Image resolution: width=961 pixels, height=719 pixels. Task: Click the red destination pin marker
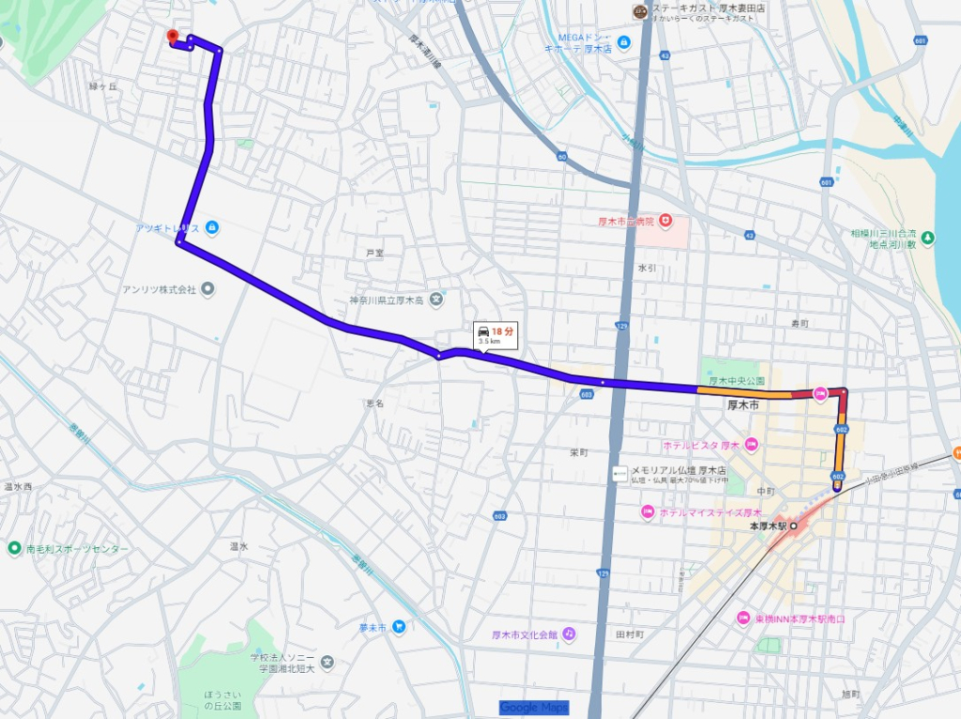click(x=172, y=38)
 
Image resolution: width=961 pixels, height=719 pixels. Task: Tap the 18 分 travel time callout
click(x=496, y=335)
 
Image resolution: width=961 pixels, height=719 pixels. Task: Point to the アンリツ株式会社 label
click(x=160, y=289)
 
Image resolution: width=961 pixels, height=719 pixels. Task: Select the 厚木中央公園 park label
click(x=737, y=381)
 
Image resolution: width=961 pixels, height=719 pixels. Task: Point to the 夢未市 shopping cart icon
click(x=399, y=626)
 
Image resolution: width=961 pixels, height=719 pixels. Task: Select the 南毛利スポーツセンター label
click(x=71, y=547)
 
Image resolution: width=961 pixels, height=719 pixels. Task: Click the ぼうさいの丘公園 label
click(x=222, y=699)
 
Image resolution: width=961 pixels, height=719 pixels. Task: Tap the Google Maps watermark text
click(x=533, y=708)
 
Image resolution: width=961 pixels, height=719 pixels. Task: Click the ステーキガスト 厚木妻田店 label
click(x=698, y=9)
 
